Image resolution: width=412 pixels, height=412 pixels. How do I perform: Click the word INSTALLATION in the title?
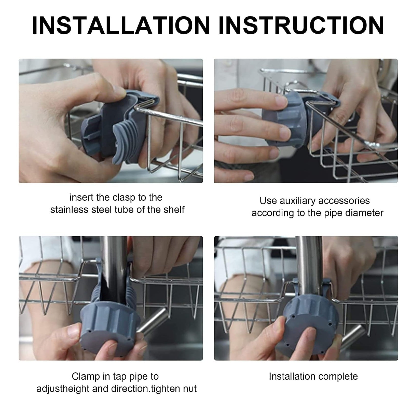click(x=121, y=25)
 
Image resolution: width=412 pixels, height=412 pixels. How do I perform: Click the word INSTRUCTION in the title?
click(x=301, y=25)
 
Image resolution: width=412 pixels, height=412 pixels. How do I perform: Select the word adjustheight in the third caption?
click(x=62, y=389)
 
